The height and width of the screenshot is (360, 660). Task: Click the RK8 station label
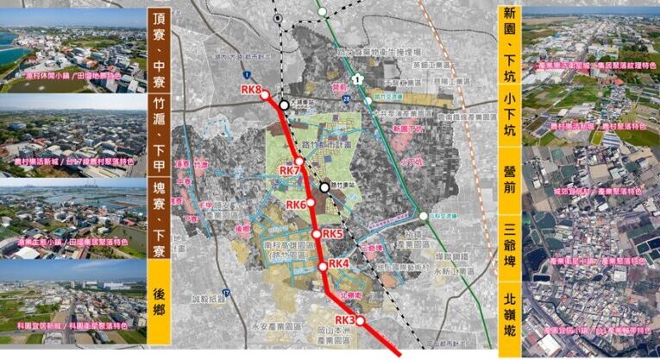point(252,90)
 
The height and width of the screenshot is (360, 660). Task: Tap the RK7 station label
point(289,171)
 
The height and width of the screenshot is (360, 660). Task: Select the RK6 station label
point(296,205)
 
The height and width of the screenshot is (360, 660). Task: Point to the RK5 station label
point(333,234)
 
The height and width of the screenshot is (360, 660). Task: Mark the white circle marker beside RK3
point(360,321)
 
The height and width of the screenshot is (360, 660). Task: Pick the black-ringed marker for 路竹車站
point(324,186)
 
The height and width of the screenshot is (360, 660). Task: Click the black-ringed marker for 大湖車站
point(284,105)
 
